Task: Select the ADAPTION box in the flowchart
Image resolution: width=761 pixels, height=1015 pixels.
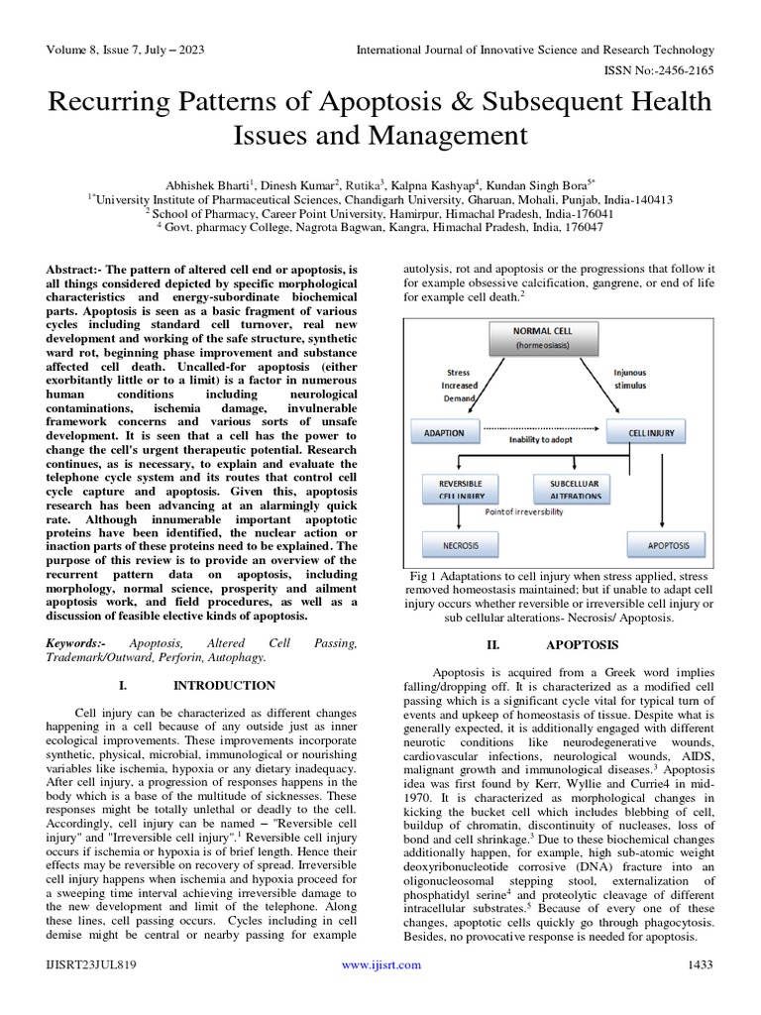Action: pos(445,432)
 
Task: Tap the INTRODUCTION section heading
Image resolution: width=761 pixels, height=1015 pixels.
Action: pos(224,685)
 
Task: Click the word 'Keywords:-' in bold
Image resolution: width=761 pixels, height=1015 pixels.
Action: pos(78,643)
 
